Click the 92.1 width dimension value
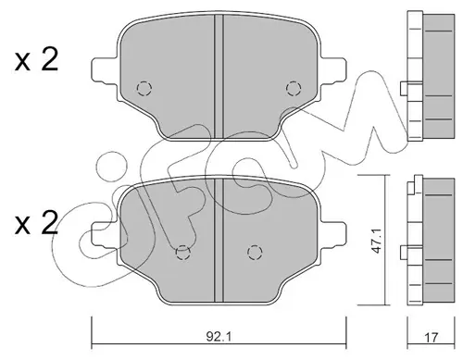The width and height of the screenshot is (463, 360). pyautogui.click(x=219, y=337)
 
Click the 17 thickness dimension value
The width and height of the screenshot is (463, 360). pyautogui.click(x=431, y=338)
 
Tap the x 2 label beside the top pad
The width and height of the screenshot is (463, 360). pyautogui.click(x=36, y=60)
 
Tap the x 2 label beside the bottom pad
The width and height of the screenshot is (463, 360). pyautogui.click(x=36, y=223)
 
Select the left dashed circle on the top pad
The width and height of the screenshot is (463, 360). pyautogui.click(x=144, y=89)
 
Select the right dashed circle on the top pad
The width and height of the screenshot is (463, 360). pyautogui.click(x=294, y=89)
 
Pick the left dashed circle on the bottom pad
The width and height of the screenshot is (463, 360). pyautogui.click(x=183, y=253)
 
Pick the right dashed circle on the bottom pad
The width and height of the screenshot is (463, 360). pyautogui.click(x=255, y=253)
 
